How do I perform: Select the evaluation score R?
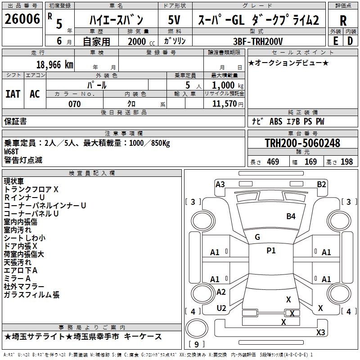pyautogui.click(x=343, y=21)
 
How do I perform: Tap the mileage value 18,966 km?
pyautogui.click(x=54, y=64)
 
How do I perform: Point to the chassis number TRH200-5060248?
pyautogui.click(x=302, y=143)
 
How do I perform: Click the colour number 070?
pyautogui.click(x=74, y=104)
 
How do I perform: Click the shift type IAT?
pyautogui.click(x=13, y=94)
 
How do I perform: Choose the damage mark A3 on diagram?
pyautogui.click(x=220, y=184)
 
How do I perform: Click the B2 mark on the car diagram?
pyautogui.click(x=321, y=184)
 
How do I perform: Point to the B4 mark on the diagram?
pyautogui.click(x=291, y=216)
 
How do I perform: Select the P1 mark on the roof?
pyautogui.click(x=271, y=251)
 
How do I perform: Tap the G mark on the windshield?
pyautogui.click(x=257, y=237)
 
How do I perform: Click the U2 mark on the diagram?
pyautogui.click(x=221, y=308)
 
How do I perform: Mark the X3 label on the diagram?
pyautogui.click(x=320, y=333)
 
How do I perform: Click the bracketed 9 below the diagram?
pyautogui.click(x=196, y=344)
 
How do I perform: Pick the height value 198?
pyautogui.click(x=346, y=162)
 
